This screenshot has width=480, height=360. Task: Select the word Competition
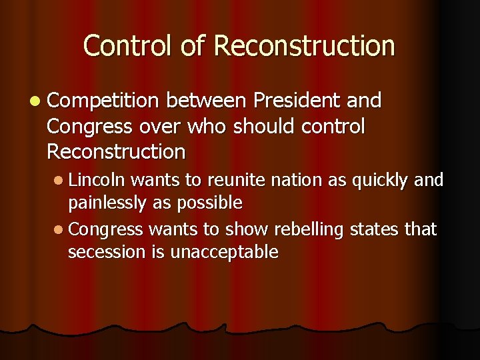(x=103, y=102)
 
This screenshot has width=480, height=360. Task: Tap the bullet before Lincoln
(x=59, y=180)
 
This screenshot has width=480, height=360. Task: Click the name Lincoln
(x=97, y=179)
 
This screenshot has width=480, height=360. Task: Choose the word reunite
(x=230, y=179)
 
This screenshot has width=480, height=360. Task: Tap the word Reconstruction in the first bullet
(x=116, y=151)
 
